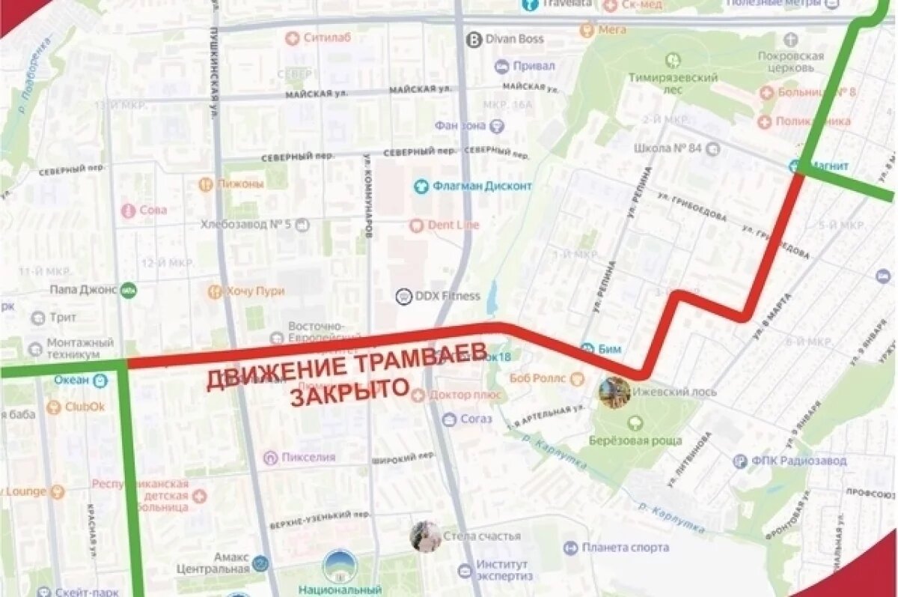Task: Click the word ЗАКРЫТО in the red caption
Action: click(349, 392)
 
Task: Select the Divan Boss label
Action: click(515, 39)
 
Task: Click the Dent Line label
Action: click(453, 225)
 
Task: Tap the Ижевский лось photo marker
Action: click(614, 393)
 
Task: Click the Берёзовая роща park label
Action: click(635, 440)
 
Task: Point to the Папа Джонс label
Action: click(83, 289)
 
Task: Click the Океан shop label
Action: click(71, 380)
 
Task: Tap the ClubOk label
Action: click(85, 407)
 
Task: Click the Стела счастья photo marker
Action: click(426, 536)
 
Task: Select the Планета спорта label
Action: click(625, 548)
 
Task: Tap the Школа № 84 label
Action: click(668, 148)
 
